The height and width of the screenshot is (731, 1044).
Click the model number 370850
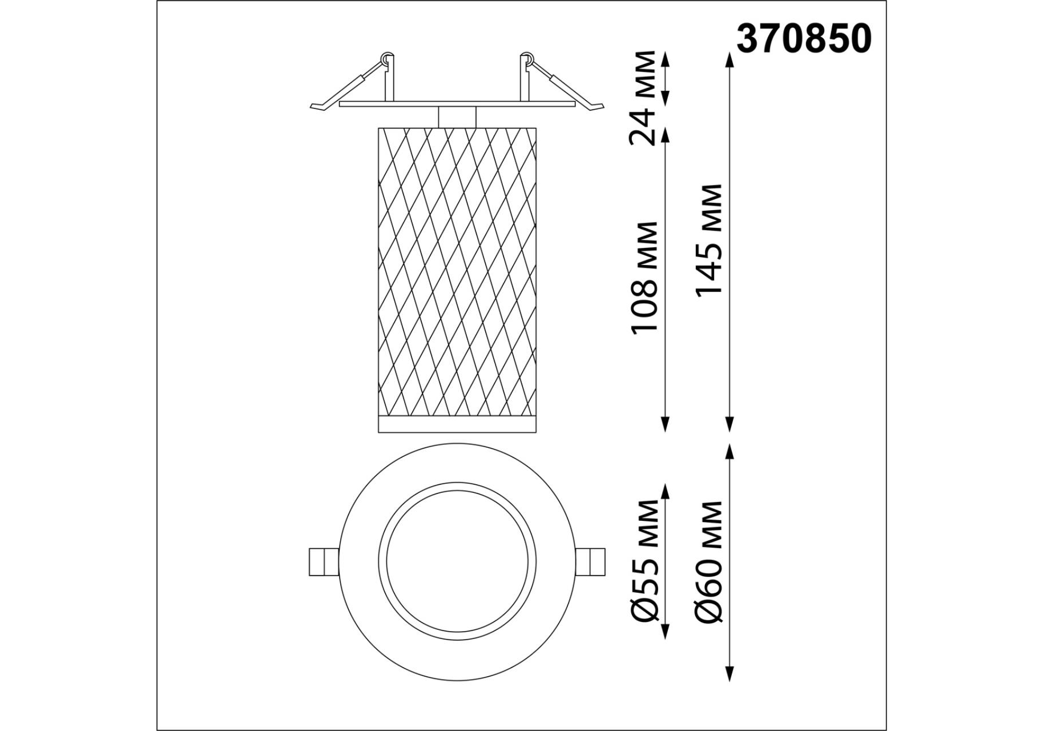804,39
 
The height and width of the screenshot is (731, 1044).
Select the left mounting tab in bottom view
324,562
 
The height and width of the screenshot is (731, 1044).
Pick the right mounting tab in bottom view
590,562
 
